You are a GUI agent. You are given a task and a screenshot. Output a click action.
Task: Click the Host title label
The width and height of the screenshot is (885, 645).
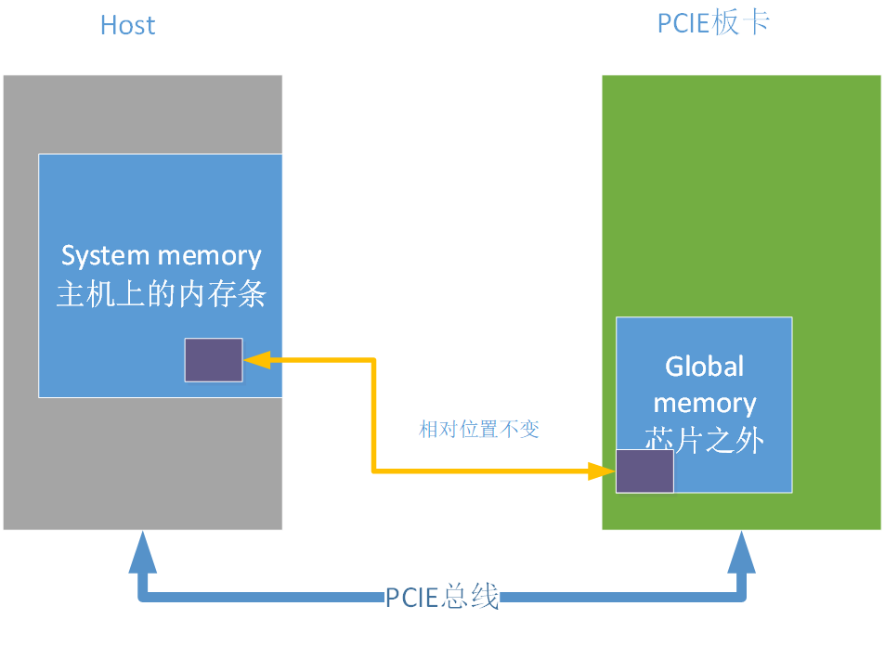pyautogui.click(x=127, y=25)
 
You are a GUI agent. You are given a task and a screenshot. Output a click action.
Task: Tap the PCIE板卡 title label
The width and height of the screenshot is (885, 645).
pyautogui.click(x=713, y=22)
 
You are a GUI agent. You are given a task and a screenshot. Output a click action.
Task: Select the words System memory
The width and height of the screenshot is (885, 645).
pyautogui.click(x=161, y=255)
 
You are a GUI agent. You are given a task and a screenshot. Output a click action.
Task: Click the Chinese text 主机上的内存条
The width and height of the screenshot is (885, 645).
pyautogui.click(x=161, y=294)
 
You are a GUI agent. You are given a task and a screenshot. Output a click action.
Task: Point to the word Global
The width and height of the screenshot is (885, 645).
pyautogui.click(x=704, y=367)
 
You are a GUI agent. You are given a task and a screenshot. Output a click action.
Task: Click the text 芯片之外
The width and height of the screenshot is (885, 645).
pyautogui.click(x=704, y=440)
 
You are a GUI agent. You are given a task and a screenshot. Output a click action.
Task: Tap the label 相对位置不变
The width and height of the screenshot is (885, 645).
pyautogui.click(x=479, y=430)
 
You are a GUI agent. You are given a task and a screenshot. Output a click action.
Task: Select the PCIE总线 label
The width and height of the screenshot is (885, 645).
pyautogui.click(x=442, y=597)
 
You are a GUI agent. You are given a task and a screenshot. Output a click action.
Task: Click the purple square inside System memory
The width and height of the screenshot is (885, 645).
pyautogui.click(x=214, y=360)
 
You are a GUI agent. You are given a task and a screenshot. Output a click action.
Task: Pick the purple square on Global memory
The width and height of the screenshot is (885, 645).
pyautogui.click(x=644, y=471)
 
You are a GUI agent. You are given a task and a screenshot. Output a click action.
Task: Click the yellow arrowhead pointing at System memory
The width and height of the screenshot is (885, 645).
pyautogui.click(x=254, y=359)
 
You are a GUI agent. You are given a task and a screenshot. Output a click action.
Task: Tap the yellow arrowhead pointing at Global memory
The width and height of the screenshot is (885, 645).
pyautogui.click(x=603, y=471)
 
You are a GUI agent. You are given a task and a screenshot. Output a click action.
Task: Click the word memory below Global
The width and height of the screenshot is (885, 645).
pyautogui.click(x=704, y=404)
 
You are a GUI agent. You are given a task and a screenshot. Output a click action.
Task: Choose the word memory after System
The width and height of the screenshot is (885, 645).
pyautogui.click(x=210, y=255)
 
